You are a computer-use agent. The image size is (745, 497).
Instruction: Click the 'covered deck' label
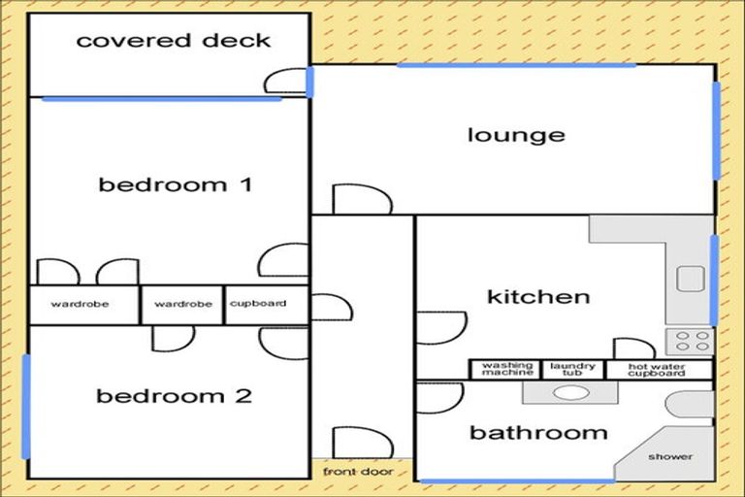(x=174, y=41)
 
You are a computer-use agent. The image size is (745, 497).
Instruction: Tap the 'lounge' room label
(x=516, y=136)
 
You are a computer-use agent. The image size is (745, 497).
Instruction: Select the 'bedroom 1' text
(x=175, y=185)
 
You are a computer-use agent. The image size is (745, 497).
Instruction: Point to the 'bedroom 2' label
(x=174, y=396)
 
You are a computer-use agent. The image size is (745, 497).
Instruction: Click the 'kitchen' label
(x=538, y=297)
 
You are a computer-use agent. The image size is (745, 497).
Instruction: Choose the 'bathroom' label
(x=538, y=433)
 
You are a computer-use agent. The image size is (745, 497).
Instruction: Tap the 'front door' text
(x=358, y=472)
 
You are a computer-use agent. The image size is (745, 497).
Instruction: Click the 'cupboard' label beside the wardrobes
(x=258, y=304)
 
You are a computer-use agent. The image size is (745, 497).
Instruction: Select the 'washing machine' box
(x=505, y=370)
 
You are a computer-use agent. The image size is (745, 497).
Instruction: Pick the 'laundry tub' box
(x=573, y=370)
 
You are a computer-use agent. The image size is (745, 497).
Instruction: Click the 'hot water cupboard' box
(x=660, y=370)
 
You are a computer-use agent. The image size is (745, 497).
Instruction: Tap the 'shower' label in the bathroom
(x=670, y=456)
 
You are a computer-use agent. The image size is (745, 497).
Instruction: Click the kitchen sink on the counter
(x=691, y=279)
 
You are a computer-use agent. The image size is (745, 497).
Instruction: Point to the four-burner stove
(x=690, y=342)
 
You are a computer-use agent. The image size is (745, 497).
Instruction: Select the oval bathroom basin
(x=572, y=393)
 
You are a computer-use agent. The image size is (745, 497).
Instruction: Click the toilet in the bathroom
(x=689, y=405)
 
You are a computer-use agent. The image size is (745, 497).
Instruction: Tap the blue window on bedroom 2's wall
(x=26, y=407)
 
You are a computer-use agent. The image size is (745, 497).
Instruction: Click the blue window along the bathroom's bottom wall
(x=517, y=481)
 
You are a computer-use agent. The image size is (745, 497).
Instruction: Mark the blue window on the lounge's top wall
(x=516, y=65)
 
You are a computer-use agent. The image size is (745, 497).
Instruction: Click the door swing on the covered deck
(x=285, y=81)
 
